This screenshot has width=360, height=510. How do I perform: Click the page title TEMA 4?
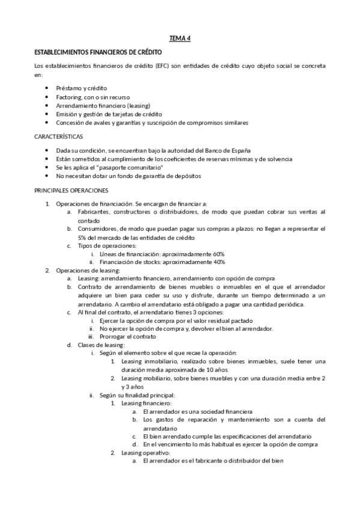(x=179, y=38)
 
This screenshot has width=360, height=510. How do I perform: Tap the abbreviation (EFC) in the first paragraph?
(x=162, y=66)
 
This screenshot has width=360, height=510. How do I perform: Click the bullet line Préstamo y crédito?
(x=81, y=88)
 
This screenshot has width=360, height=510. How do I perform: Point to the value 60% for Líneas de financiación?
(x=219, y=254)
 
